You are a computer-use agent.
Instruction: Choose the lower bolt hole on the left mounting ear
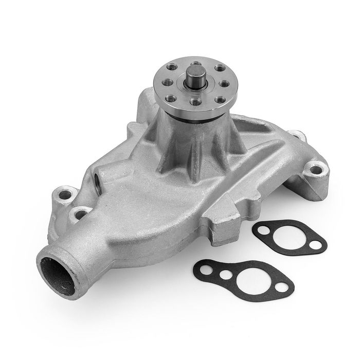(x=80, y=213)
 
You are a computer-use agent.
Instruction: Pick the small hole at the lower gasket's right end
(x=282, y=287)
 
